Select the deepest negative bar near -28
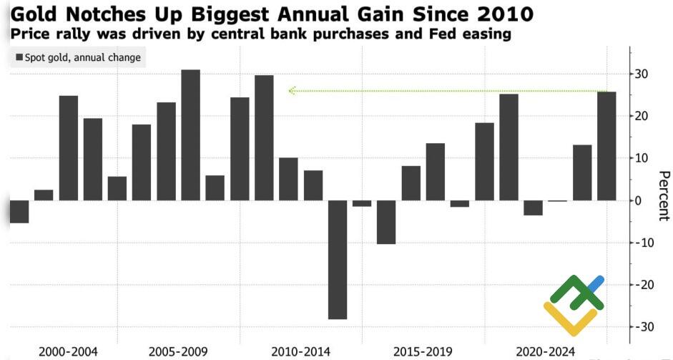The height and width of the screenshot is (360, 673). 338,259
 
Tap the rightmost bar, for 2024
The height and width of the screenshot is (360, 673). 606,146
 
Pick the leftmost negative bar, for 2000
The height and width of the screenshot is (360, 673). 19,211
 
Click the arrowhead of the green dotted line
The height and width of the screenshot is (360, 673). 291,91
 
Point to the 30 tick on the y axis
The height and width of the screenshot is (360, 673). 642,74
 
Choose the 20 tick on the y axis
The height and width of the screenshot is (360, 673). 642,117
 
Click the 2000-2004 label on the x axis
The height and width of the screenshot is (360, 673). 68,351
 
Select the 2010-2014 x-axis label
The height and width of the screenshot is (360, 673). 300,351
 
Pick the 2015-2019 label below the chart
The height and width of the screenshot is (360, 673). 423,351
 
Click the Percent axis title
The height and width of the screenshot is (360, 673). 663,195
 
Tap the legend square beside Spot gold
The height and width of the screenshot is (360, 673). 19,58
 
